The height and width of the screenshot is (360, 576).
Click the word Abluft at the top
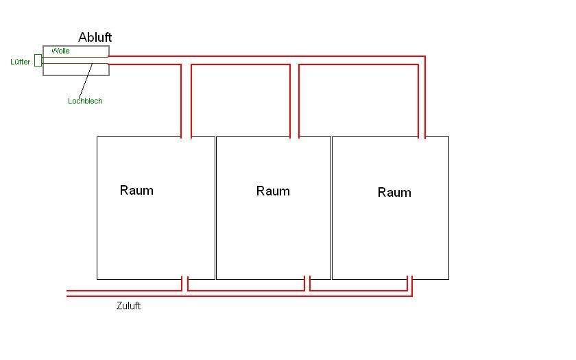95,38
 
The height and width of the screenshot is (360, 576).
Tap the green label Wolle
60,51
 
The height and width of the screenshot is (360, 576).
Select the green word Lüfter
20,62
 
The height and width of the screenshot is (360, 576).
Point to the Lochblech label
85,101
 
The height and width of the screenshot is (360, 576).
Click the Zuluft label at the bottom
128,306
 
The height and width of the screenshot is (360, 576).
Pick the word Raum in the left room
136,190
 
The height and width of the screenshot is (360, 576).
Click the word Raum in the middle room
273,191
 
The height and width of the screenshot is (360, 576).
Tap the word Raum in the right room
394,192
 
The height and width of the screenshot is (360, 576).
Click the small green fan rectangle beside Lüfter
38,60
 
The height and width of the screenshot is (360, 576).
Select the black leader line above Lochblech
86,81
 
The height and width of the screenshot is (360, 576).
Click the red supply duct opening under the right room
410,283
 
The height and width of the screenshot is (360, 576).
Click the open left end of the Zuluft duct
68,293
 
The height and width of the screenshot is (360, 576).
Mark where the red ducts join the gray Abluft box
109,60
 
